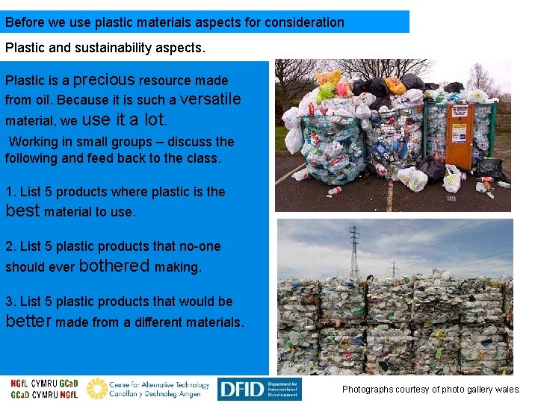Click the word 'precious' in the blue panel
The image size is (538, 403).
(104, 79)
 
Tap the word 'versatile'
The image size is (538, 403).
(211, 99)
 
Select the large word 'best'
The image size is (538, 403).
(22, 210)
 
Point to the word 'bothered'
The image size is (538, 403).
(114, 266)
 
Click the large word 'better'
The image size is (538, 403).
(28, 322)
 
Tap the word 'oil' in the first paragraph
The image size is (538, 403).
(43, 100)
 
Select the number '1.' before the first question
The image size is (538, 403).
(10, 192)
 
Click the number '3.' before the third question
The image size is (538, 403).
(10, 302)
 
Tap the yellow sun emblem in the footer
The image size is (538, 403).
(96, 389)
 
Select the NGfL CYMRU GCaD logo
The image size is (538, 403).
(43, 389)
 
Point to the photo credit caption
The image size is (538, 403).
(430, 390)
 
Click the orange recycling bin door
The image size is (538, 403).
(460, 136)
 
